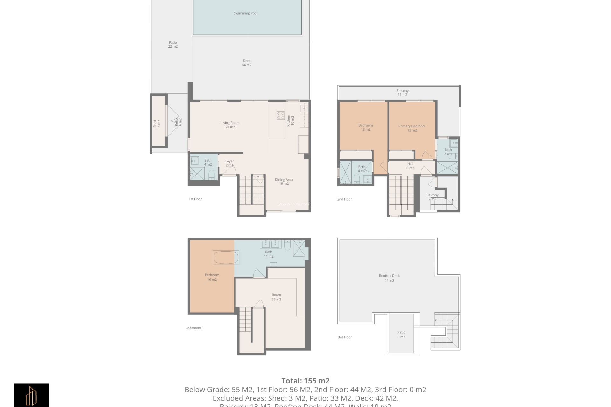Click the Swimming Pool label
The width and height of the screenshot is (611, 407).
click(245, 13)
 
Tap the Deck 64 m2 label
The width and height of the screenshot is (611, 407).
click(247, 63)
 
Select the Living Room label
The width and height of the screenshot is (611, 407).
click(230, 125)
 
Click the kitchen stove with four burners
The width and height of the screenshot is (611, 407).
click(281, 115)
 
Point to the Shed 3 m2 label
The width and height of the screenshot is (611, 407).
click(157, 123)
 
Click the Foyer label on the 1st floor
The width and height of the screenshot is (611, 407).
click(229, 163)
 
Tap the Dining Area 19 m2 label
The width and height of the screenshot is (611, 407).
click(284, 182)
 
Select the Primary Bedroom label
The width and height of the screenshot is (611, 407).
click(412, 128)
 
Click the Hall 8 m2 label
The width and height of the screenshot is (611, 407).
click(410, 166)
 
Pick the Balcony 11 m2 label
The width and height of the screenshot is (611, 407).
click(402, 93)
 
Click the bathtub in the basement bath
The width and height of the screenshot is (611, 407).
click(226, 258)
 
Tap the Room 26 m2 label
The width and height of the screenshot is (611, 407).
click(276, 297)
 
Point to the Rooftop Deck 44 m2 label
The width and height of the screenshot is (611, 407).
click(389, 278)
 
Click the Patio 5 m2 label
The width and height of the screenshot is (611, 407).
click(401, 335)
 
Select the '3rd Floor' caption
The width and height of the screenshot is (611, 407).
click(345, 337)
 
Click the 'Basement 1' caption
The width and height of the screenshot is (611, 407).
click(194, 328)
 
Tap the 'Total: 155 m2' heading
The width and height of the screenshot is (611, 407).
click(305, 381)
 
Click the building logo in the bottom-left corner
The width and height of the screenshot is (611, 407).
click(31, 395)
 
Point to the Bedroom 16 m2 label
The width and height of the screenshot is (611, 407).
click(212, 277)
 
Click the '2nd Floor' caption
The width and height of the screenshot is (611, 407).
click(344, 199)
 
